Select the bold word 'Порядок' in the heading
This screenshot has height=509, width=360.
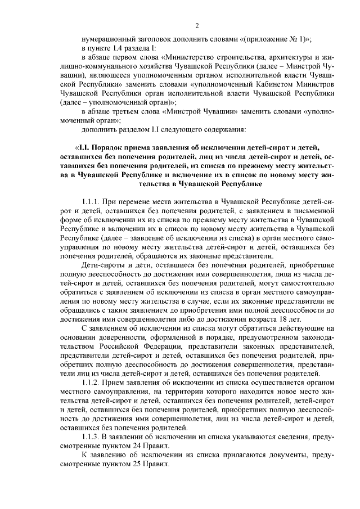click(111, 147)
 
